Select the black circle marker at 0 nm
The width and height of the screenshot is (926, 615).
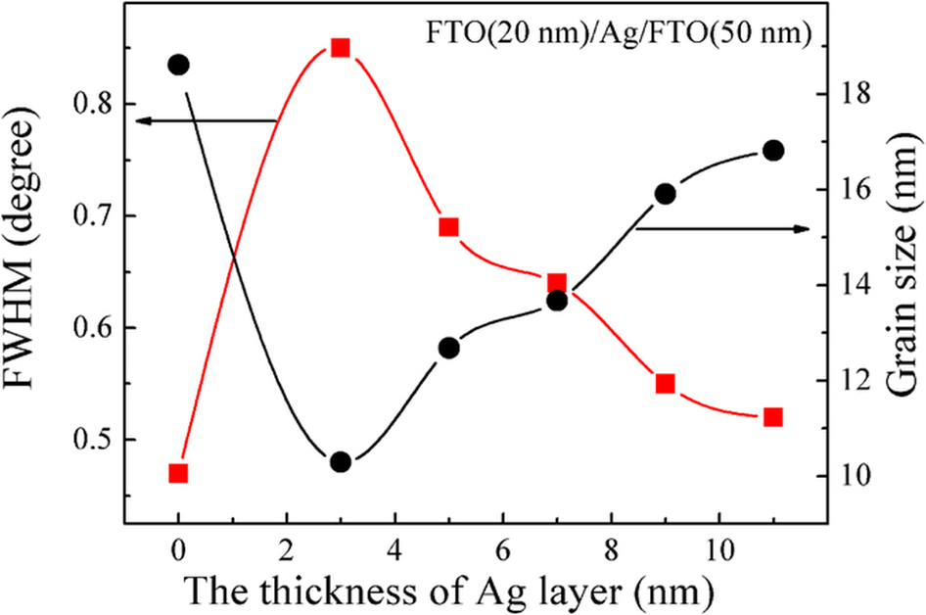click(178, 65)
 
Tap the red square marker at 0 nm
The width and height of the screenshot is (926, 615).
click(178, 474)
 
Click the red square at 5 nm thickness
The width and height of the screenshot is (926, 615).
click(449, 228)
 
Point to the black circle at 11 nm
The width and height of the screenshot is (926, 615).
click(772, 151)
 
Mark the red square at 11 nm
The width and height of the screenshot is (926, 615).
click(772, 417)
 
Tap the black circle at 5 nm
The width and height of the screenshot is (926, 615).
click(449, 348)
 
